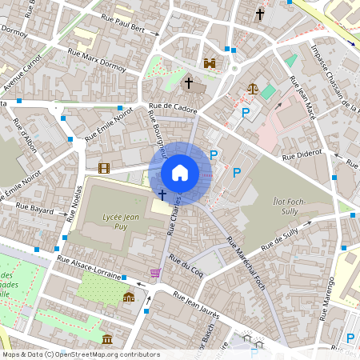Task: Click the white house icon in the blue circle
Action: click(x=179, y=173)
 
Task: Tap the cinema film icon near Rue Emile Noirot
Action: click(x=103, y=167)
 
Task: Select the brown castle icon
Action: click(x=210, y=63)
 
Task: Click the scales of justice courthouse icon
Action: click(x=253, y=90)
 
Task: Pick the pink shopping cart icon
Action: click(x=154, y=274)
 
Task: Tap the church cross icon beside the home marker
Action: click(x=162, y=194)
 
